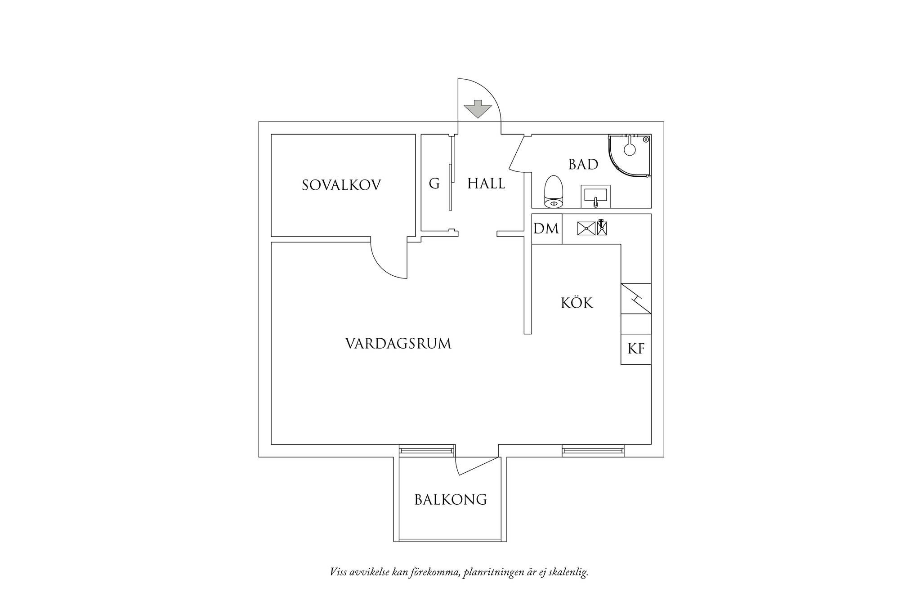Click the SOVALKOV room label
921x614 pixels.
tap(341, 185)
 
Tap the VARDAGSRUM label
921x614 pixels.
tap(398, 344)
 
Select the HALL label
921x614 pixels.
tap(487, 184)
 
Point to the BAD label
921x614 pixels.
tap(583, 165)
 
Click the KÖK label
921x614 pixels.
tap(577, 302)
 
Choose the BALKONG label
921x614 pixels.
tap(451, 500)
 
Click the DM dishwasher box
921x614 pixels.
tap(546, 229)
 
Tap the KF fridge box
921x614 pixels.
tap(636, 349)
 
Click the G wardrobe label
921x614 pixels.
tap(434, 184)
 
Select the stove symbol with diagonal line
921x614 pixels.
tap(636, 299)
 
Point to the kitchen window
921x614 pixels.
tap(593, 450)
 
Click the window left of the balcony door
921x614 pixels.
tap(426, 450)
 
